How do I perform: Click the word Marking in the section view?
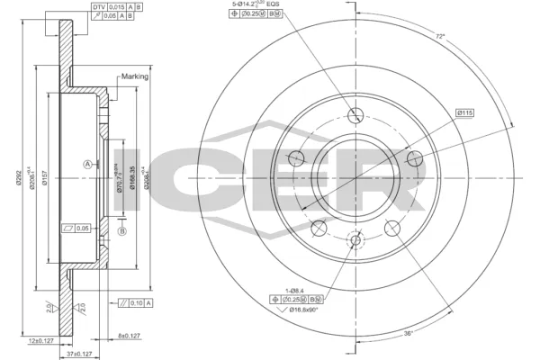(135, 77)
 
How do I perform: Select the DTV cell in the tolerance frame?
(98, 7)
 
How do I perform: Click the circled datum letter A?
(86, 164)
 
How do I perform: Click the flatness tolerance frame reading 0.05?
(80, 228)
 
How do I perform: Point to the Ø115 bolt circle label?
(464, 112)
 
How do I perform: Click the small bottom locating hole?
(355, 240)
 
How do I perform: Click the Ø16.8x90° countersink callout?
(304, 309)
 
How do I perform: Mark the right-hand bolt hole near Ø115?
(415, 158)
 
